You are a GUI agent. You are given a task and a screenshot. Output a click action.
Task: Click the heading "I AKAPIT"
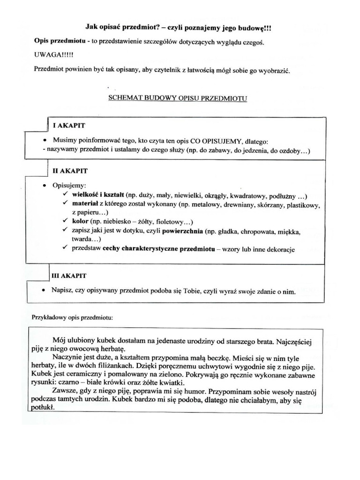click(x=69, y=126)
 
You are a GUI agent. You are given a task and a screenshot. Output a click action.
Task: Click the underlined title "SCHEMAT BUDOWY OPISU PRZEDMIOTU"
click(x=178, y=98)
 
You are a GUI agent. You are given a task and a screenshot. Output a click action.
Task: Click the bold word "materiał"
click(x=84, y=204)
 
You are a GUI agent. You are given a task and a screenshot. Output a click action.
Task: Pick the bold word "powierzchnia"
click(x=181, y=231)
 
